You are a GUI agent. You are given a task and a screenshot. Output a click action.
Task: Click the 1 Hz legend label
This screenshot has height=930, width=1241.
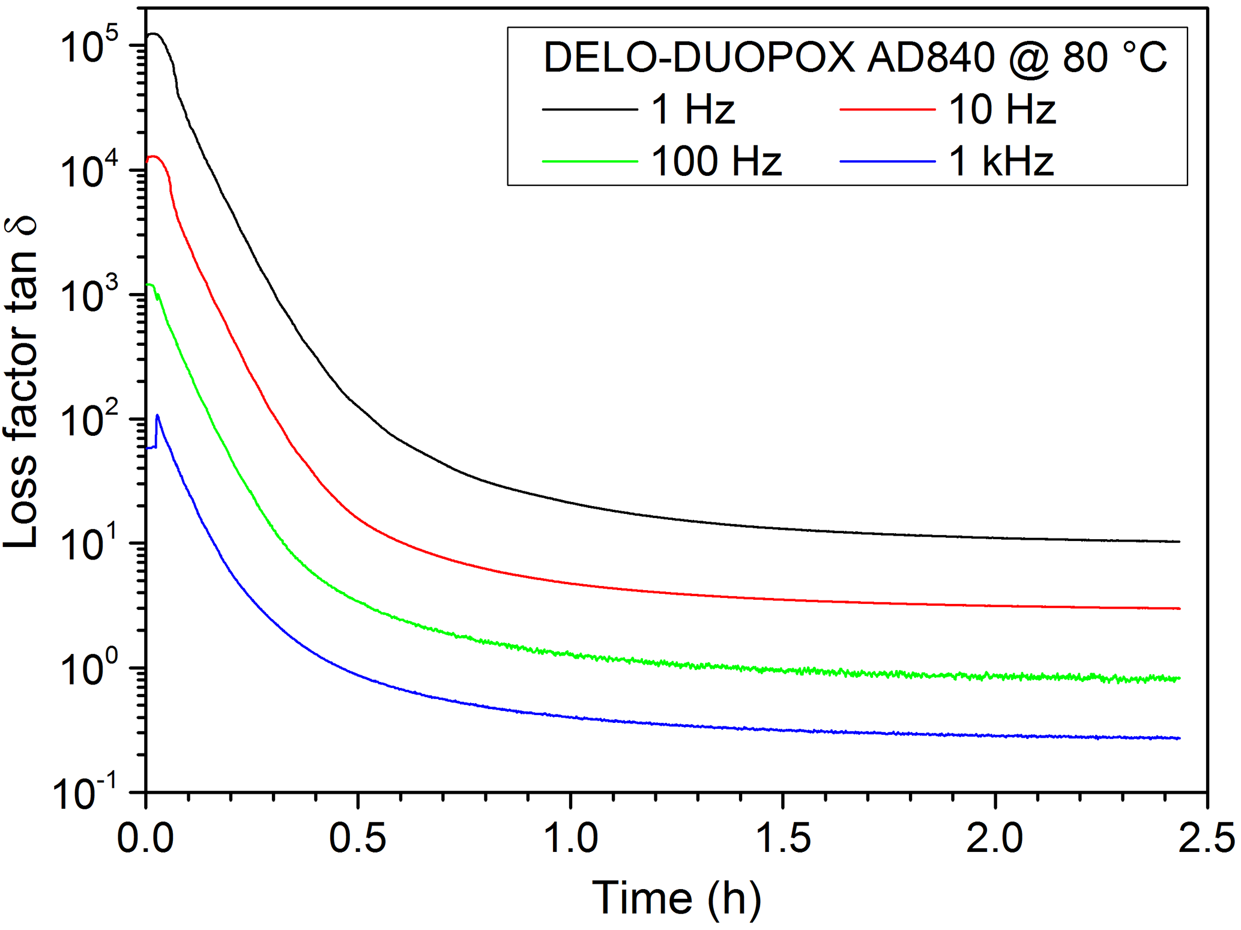tap(693, 109)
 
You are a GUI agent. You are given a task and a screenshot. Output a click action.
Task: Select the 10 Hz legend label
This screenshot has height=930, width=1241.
tap(1001, 109)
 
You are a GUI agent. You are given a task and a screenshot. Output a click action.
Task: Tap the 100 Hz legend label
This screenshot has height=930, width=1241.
tap(716, 161)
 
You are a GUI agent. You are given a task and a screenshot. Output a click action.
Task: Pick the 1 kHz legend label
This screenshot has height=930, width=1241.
tap(1001, 161)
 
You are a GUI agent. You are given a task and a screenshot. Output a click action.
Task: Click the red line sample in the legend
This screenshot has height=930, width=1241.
tap(887, 109)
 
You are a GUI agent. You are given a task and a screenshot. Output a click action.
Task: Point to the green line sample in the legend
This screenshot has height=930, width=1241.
tap(590, 161)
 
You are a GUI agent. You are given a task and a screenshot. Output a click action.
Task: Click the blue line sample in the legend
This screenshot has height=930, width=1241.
tap(887, 161)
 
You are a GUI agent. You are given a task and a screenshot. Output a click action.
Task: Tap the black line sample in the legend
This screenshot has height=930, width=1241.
tap(590, 109)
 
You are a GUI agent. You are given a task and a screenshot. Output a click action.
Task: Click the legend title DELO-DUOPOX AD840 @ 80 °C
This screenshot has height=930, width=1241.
tap(855, 58)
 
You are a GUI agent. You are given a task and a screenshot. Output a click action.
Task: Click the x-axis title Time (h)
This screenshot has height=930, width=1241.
tap(676, 898)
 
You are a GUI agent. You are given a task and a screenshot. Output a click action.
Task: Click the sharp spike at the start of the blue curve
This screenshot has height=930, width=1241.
tap(157, 415)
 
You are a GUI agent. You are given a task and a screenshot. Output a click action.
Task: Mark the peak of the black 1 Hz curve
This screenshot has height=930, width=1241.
tap(155, 34)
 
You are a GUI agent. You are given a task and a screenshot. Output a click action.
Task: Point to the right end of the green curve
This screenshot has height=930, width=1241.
tap(1179, 678)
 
